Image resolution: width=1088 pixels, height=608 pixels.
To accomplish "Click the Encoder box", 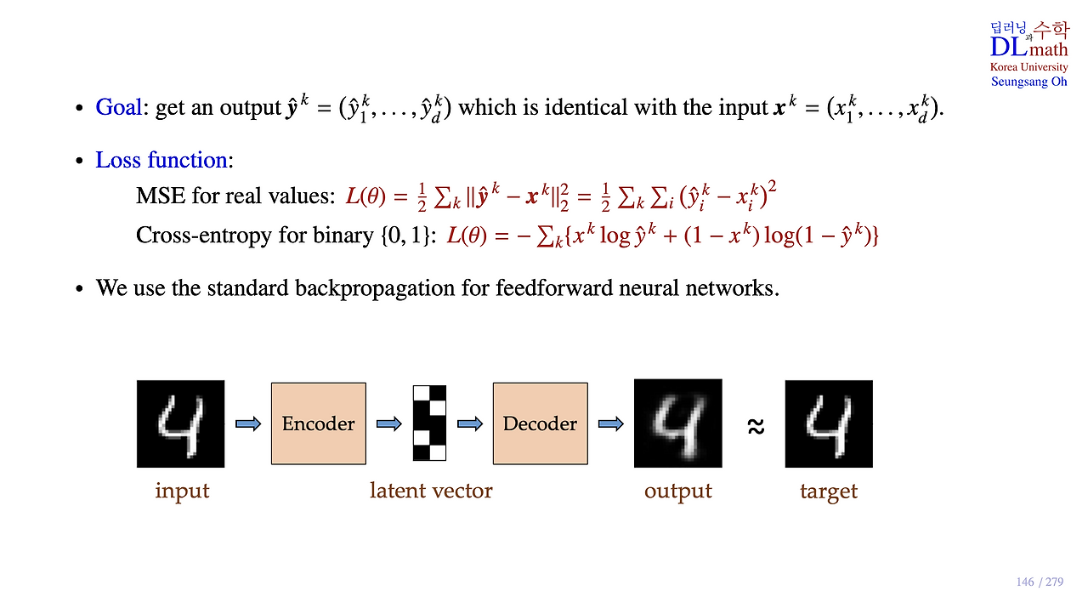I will tap(318, 423).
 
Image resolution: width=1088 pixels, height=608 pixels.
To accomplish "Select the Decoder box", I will tap(540, 423).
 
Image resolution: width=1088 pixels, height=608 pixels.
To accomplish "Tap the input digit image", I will tap(180, 423).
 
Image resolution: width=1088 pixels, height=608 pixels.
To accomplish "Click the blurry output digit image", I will tap(677, 423).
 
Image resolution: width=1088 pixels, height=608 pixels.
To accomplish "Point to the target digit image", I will tap(828, 423).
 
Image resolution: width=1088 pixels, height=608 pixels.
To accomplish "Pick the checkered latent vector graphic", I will tap(429, 423).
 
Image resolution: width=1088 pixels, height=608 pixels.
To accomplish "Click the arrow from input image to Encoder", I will tap(247, 423).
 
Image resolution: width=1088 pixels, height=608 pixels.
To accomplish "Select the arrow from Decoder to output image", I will tap(610, 423).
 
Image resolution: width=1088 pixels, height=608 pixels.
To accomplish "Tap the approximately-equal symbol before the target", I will tap(755, 426).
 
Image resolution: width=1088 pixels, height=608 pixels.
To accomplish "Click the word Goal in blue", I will tap(118, 108).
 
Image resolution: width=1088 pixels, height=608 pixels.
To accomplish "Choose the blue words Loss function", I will tap(161, 160).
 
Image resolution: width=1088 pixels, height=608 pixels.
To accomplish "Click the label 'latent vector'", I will tap(431, 491).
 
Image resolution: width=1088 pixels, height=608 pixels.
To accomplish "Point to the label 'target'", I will tap(828, 492).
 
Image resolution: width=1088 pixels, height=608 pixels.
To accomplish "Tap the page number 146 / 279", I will tap(1040, 582).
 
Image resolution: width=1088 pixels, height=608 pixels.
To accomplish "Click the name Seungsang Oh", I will tap(1028, 82).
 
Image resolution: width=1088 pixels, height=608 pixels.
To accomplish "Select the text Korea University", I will tap(1028, 67).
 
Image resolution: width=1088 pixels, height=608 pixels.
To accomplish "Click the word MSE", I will tap(161, 196).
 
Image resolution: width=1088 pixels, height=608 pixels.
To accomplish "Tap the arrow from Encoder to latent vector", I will tap(388, 423).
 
